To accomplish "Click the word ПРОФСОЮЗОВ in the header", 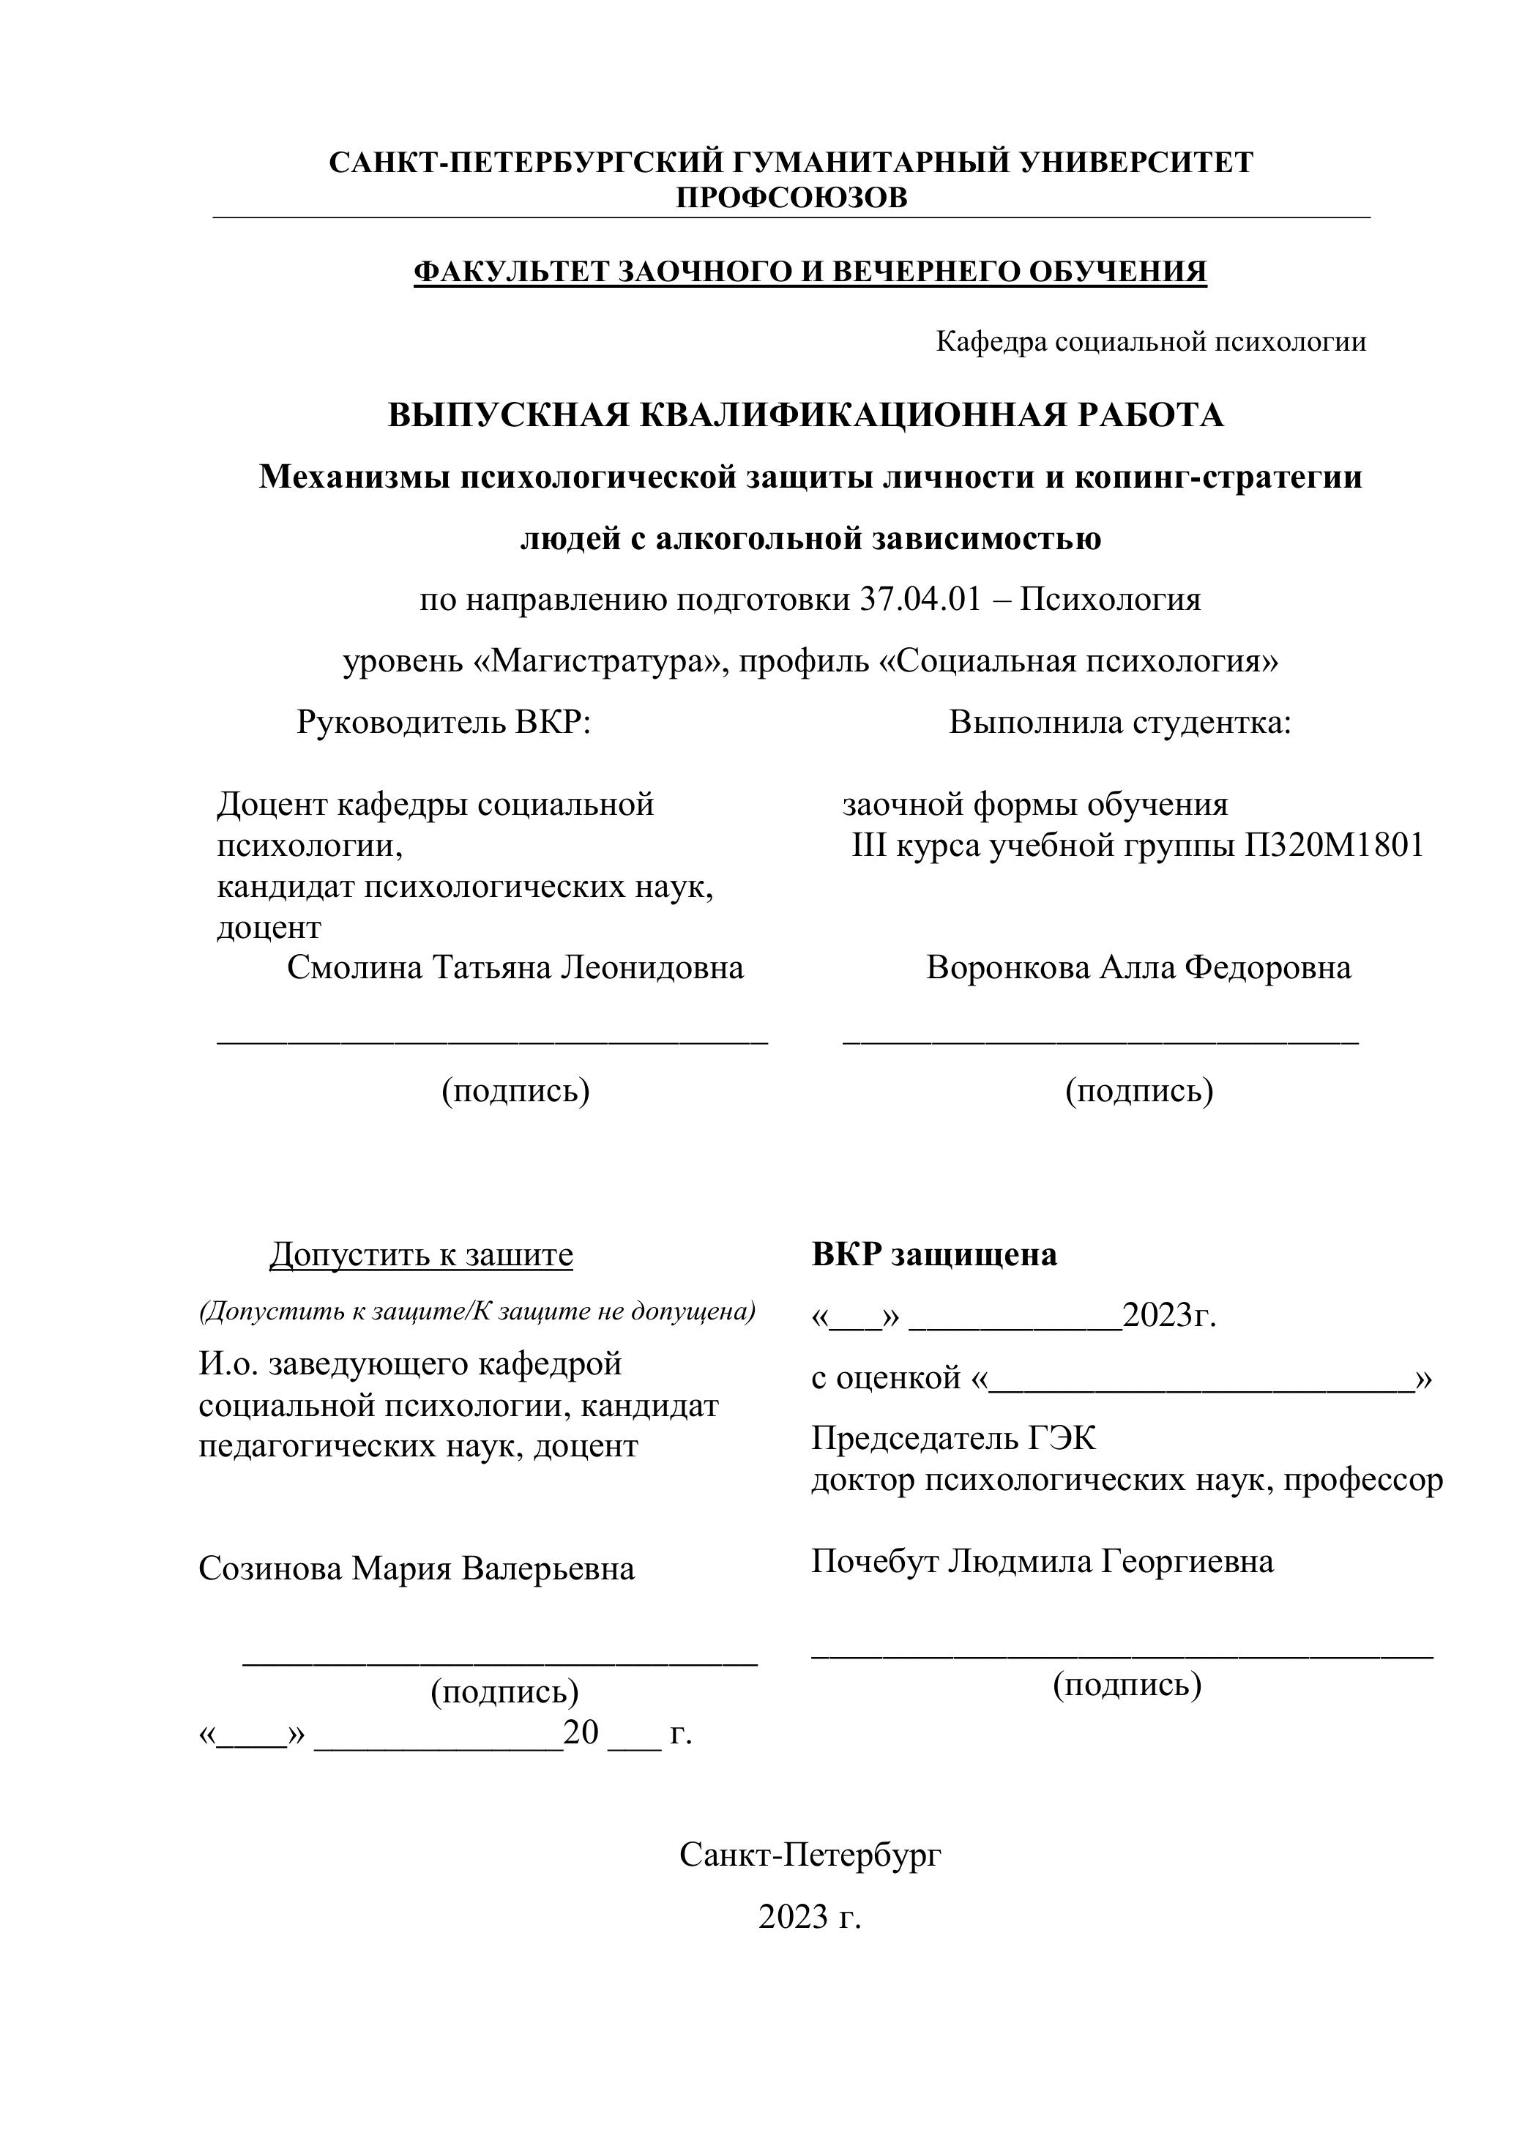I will point(791,198).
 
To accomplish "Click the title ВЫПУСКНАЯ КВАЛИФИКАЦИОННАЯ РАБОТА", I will point(805,415).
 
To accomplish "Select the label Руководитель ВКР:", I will point(444,722).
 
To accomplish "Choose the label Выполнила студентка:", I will point(1119,722).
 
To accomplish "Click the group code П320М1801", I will point(1333,845).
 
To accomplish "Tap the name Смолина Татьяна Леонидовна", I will point(515,967).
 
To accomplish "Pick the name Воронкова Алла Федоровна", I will point(1138,967).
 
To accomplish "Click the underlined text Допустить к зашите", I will point(422,1255).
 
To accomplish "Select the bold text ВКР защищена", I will point(934,1255).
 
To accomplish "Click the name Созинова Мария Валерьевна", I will point(417,1568).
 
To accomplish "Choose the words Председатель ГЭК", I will point(954,1439).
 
